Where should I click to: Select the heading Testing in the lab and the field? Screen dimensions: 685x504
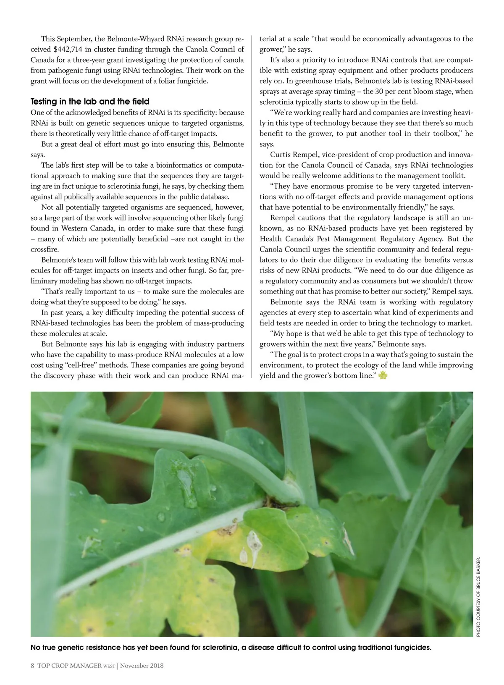point(90,102)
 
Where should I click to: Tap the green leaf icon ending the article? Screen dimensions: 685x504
point(382,375)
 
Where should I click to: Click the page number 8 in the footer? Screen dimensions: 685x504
point(32,665)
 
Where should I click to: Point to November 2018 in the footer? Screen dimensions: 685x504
point(142,665)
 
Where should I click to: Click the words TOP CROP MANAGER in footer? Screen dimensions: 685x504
point(69,665)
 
